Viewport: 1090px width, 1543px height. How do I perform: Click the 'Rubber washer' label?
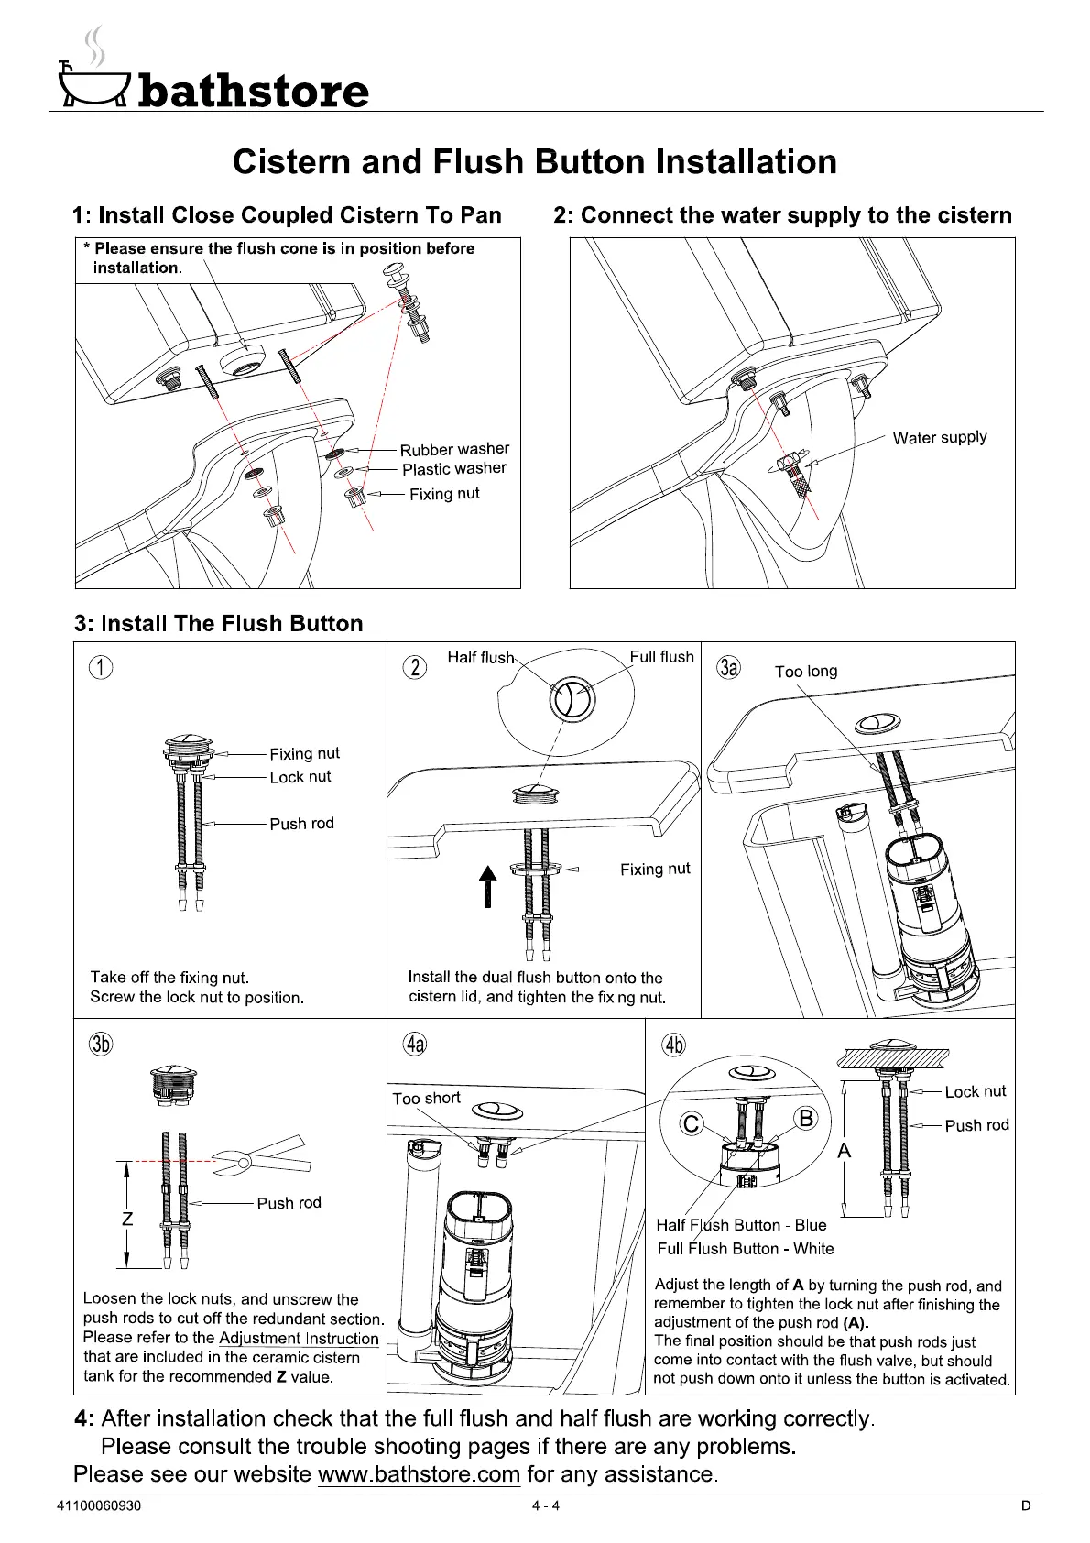coord(454,449)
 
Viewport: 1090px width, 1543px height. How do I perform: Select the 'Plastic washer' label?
coord(454,469)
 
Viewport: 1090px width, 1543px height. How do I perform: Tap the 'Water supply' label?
coord(940,437)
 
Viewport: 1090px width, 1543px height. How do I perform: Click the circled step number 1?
coord(101,668)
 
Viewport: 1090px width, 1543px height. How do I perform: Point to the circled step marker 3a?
coord(728,667)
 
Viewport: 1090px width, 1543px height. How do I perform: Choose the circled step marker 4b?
coord(673,1045)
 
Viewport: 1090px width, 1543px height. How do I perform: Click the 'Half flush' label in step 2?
coord(480,658)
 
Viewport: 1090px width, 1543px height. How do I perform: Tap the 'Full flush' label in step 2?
coord(661,657)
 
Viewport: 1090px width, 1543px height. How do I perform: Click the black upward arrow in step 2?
coord(488,886)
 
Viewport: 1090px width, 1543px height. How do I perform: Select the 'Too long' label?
coord(806,672)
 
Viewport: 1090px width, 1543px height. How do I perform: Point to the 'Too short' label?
coord(426,1098)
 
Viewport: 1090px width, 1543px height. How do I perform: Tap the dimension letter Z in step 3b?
coord(127,1220)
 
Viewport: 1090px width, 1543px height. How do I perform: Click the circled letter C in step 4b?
coord(692,1123)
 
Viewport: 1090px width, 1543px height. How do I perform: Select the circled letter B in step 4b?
coord(806,1118)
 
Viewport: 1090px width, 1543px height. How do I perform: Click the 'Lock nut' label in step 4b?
coord(975,1091)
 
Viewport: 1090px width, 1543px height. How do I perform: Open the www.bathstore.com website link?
coord(419,1474)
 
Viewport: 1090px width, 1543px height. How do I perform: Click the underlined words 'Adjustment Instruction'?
coord(299,1338)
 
